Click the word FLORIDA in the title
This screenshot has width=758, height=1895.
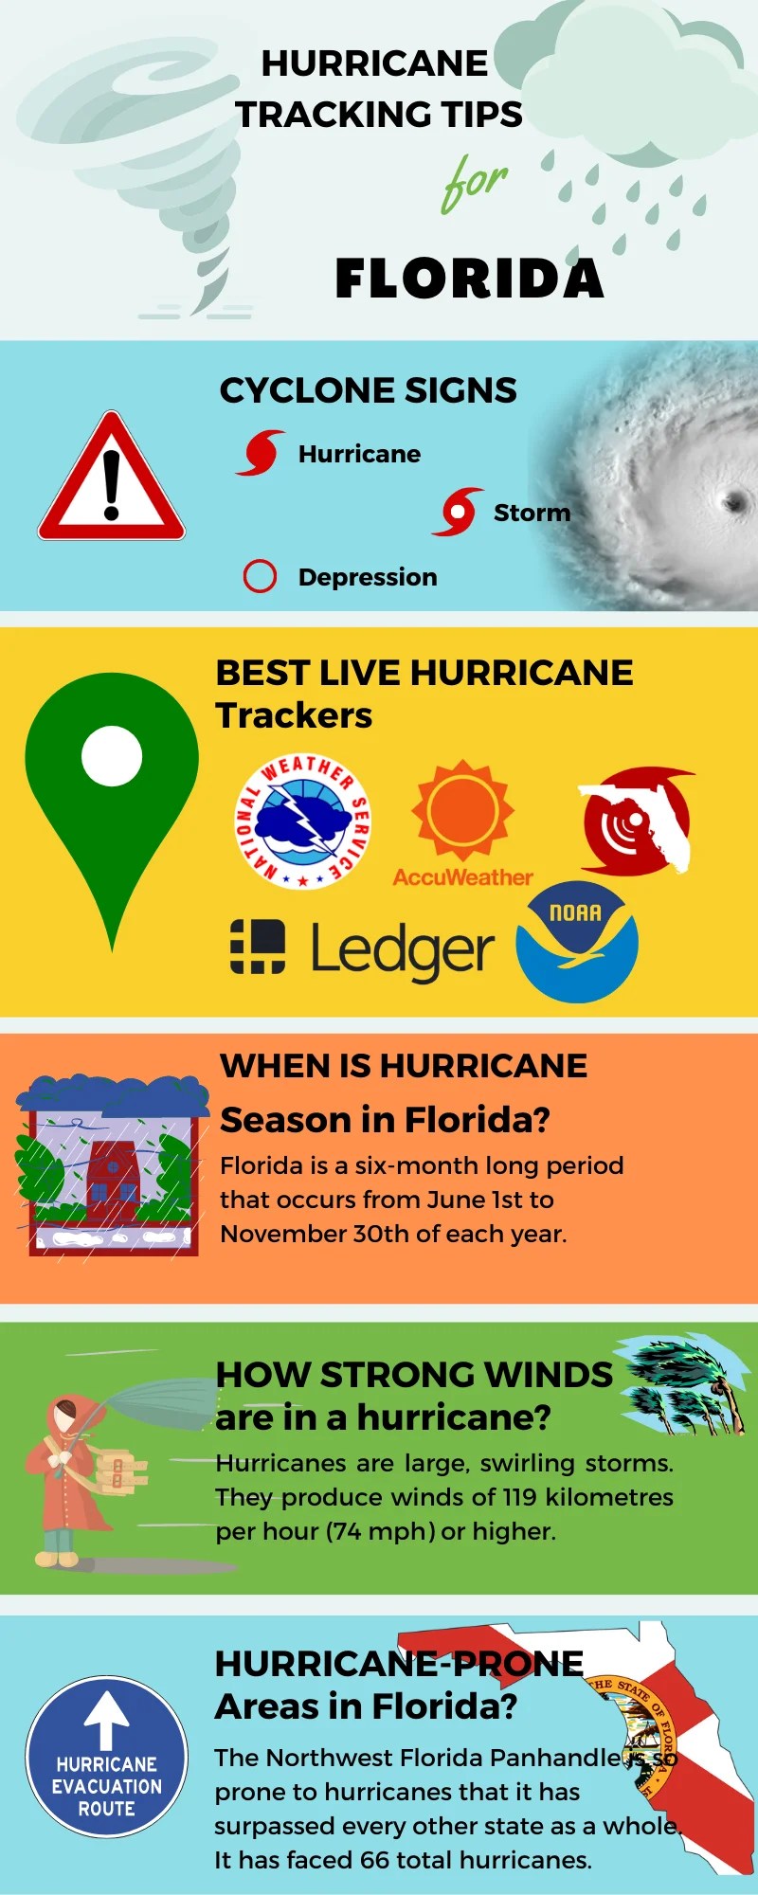[469, 279]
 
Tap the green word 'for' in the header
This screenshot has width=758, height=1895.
[474, 183]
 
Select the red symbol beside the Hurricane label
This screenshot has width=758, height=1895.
[260, 453]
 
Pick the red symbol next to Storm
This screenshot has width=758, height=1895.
[458, 512]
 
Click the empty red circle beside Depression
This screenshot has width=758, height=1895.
[260, 576]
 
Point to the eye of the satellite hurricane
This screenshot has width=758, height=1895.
[734, 501]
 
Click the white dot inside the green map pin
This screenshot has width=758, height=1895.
[112, 756]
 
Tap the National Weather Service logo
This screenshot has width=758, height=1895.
[302, 821]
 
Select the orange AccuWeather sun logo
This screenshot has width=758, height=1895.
[462, 810]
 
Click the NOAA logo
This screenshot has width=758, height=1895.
[576, 943]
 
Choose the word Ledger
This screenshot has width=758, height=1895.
[403, 949]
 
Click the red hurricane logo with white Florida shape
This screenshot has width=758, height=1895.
[636, 821]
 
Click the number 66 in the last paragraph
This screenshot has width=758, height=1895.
[374, 1860]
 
